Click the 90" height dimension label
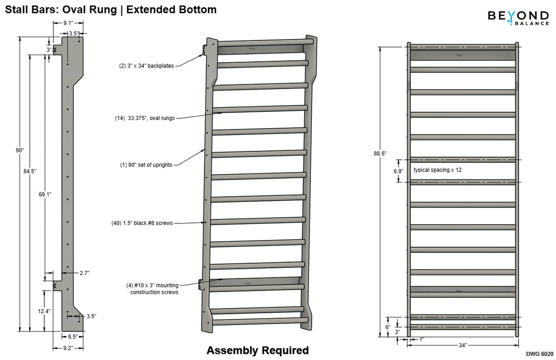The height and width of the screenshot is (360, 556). [x=20, y=150]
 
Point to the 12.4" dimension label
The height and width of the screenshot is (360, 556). [x=44, y=311]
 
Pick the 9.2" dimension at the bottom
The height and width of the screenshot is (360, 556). [x=68, y=348]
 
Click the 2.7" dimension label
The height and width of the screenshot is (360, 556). [x=84, y=273]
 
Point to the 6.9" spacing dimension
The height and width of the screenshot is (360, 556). [x=398, y=170]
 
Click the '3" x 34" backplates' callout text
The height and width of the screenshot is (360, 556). [x=146, y=66]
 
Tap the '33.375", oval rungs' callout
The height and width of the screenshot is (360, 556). [x=145, y=118]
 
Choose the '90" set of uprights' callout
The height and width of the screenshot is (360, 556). [x=146, y=165]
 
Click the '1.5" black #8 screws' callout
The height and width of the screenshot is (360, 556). [x=142, y=223]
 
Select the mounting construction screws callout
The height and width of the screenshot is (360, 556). [x=152, y=288]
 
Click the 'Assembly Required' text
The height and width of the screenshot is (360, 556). [x=257, y=351]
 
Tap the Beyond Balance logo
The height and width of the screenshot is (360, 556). [x=518, y=17]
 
